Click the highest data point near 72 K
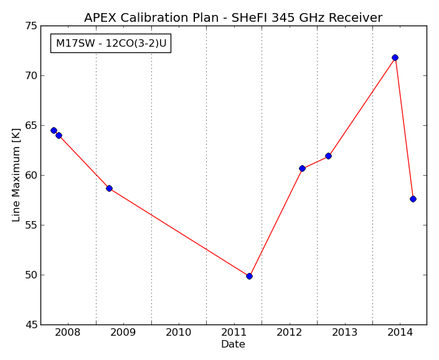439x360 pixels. (395, 58)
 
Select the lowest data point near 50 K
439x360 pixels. (249, 277)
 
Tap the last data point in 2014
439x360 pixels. (413, 199)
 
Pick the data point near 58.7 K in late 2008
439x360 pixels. (109, 188)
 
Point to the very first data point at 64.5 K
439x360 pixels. (54, 130)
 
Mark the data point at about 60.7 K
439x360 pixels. (302, 169)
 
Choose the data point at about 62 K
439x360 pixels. (328, 156)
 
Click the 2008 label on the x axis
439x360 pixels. (67, 333)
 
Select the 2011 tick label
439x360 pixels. (234, 333)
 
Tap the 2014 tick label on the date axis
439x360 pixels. (400, 333)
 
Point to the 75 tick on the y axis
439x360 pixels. (31, 26)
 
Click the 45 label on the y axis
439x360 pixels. (31, 324)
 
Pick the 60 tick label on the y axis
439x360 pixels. (31, 176)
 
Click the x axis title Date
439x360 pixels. (233, 344)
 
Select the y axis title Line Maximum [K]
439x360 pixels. (16, 175)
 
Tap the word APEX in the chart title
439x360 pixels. (101, 17)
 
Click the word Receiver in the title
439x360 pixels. (356, 17)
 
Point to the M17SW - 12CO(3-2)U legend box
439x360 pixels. (111, 44)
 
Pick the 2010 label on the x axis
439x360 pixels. (178, 333)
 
